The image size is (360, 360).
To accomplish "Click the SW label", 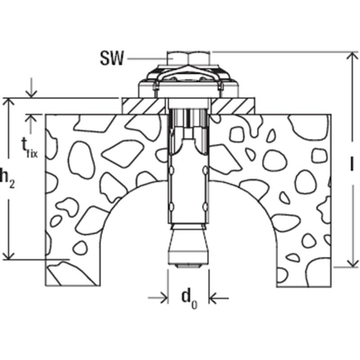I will click(x=111, y=59).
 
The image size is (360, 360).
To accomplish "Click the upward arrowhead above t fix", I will click(x=30, y=118).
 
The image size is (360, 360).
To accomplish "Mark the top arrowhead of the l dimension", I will click(x=350, y=56).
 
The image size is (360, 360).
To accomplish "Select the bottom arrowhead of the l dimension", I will click(x=350, y=264).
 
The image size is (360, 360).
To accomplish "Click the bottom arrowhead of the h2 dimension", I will click(x=8, y=255).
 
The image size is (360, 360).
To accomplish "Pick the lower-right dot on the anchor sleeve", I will click(x=205, y=206).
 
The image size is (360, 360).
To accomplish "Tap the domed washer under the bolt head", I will click(x=189, y=77).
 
